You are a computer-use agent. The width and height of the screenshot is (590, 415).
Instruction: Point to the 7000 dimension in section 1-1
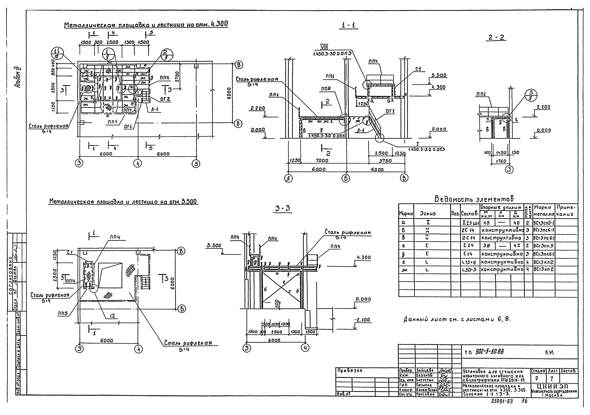tap(322, 160)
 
